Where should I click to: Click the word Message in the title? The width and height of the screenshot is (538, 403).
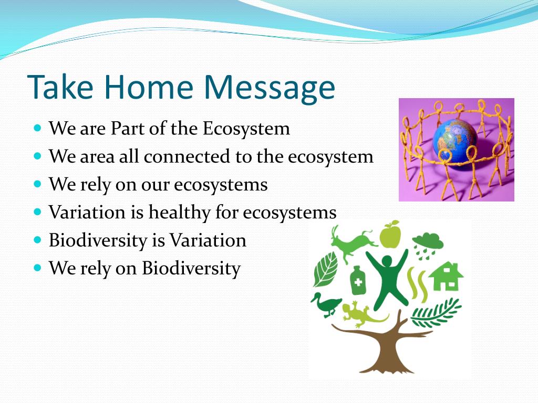[x=270, y=88]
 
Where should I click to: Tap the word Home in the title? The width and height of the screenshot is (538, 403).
[x=152, y=86]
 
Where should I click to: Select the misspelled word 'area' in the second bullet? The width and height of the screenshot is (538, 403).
[x=97, y=157]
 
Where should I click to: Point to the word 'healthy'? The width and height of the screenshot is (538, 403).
[x=179, y=213]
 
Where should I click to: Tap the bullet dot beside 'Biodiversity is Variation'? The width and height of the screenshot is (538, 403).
[x=38, y=239]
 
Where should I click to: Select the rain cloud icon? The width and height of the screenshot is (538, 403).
[x=428, y=245]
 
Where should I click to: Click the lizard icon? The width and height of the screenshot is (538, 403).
[x=364, y=314]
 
